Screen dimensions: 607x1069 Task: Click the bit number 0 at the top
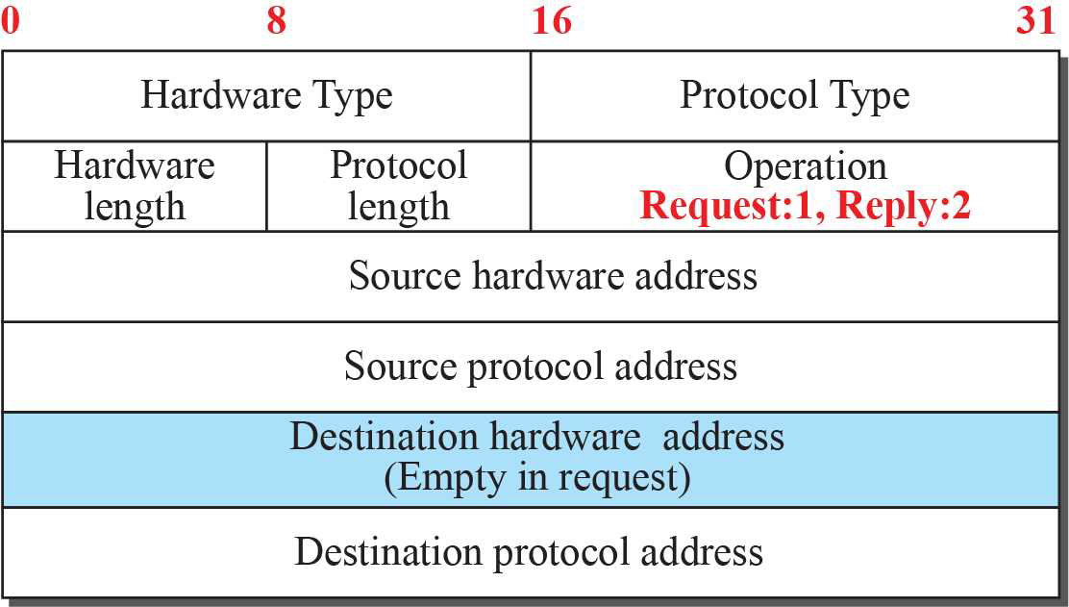pos(10,21)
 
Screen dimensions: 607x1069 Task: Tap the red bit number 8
pos(277,21)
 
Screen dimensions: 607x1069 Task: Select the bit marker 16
pos(552,21)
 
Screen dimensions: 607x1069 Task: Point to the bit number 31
pos(1035,21)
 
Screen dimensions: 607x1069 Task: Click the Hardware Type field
pos(266,96)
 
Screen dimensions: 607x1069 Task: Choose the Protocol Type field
pos(794,96)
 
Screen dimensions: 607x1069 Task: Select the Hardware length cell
pos(134,186)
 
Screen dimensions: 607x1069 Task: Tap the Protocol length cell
pos(398,186)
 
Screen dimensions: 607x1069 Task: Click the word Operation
pos(805,166)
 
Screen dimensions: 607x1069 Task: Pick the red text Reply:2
pos(903,207)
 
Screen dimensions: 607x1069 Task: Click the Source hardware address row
pos(553,276)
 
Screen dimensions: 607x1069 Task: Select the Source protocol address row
pos(540,367)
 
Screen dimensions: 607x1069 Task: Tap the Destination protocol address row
pos(529,552)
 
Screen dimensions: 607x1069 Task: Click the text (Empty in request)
pos(536,478)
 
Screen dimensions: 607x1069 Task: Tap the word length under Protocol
pos(398,207)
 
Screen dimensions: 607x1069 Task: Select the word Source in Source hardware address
pos(404,276)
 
